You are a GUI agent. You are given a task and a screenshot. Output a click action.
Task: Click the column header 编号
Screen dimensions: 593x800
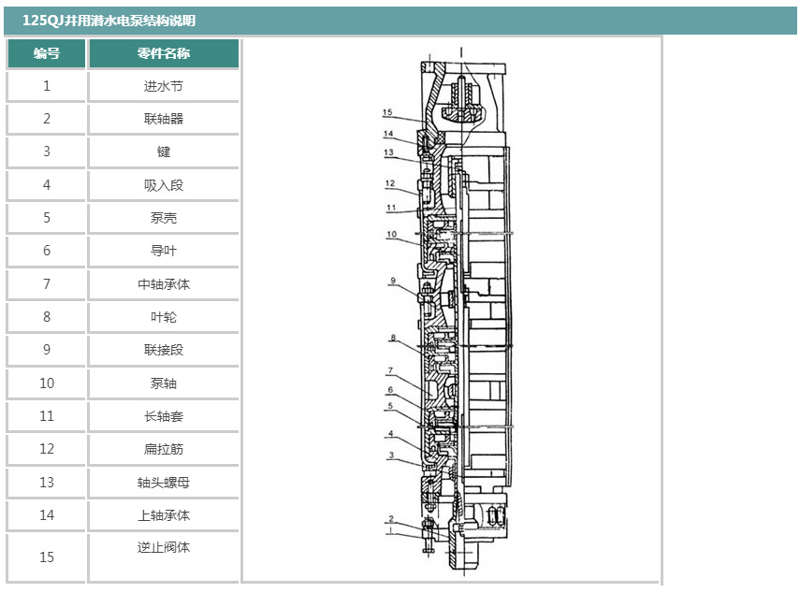pos(47,53)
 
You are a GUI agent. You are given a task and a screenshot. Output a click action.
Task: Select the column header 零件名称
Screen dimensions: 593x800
pos(164,53)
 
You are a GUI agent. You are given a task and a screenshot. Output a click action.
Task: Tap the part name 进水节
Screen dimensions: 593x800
pos(164,86)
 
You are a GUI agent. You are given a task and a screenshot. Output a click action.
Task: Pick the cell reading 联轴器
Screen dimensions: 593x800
pos(164,119)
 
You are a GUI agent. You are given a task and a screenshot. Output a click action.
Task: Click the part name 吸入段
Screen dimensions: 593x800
pos(164,185)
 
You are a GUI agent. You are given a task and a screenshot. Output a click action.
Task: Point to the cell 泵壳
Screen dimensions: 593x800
pos(164,218)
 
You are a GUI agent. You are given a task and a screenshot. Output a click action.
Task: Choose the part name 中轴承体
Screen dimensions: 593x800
pos(164,284)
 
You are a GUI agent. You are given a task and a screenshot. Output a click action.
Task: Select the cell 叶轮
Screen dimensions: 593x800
pos(164,317)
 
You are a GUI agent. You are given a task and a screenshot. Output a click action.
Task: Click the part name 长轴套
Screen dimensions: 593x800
pos(164,416)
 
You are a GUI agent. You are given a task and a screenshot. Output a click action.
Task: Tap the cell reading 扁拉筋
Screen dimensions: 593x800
pos(164,449)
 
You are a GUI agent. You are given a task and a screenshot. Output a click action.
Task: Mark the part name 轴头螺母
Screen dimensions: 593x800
pos(164,483)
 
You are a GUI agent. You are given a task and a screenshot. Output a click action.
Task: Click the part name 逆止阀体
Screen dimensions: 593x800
pos(164,547)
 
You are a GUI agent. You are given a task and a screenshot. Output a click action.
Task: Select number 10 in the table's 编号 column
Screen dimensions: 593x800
pos(47,383)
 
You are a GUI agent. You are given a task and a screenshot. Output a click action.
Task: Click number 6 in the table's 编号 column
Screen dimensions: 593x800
pos(47,251)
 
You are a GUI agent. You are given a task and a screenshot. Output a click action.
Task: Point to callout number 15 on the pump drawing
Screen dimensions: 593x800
pos(387,112)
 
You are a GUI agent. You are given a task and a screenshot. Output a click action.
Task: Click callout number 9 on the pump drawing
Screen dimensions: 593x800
pos(393,280)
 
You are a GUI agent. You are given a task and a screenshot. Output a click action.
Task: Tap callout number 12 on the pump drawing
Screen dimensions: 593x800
pos(389,183)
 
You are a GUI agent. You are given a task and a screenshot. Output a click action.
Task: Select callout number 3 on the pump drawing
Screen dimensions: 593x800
pos(391,455)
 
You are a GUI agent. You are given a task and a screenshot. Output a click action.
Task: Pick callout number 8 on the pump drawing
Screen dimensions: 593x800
pos(393,337)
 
